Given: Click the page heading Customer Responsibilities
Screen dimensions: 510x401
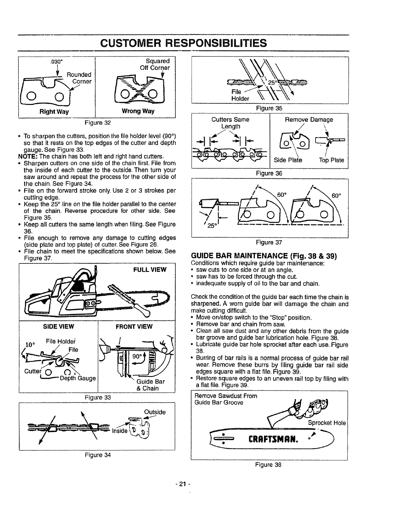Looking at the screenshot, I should [x=183, y=43].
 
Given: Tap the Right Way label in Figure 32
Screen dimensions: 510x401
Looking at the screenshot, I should [x=54, y=111].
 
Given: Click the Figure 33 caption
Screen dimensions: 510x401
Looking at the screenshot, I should [x=97, y=397].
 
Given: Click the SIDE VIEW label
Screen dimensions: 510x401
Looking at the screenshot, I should [x=59, y=326].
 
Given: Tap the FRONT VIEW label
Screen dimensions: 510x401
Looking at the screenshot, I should [x=134, y=326].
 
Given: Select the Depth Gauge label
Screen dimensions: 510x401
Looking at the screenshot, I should [x=78, y=378].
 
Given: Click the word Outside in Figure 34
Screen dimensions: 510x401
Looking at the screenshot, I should [x=155, y=412].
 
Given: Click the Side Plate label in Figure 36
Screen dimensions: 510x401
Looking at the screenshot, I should [x=288, y=160].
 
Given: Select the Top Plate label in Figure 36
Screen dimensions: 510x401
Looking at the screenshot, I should [x=332, y=160].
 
